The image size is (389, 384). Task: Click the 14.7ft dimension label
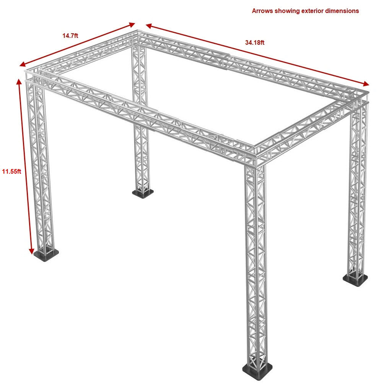tap(70, 36)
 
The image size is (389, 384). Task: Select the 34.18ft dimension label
tap(254, 42)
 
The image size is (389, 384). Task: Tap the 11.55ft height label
tap(11, 171)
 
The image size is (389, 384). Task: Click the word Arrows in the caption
tap(262, 11)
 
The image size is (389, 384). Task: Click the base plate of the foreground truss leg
tap(257, 369)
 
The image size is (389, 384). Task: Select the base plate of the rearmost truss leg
tap(143, 193)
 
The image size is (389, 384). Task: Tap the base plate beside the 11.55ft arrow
tap(46, 255)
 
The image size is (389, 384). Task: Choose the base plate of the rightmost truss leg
tap(355, 279)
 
